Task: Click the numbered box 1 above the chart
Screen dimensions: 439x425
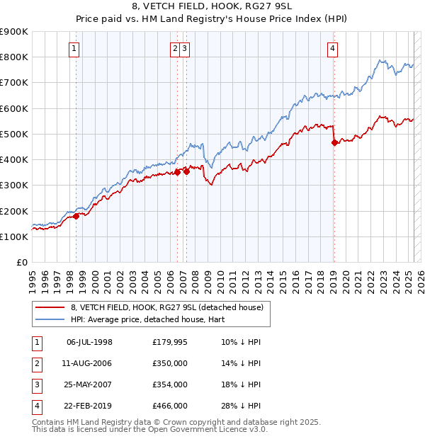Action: pos(74,48)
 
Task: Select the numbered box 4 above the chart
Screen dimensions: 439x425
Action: pos(332,48)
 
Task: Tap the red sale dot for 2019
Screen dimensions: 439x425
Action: pos(334,142)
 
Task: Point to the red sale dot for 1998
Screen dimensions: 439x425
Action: pos(76,216)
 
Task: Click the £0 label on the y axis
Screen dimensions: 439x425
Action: pos(21,262)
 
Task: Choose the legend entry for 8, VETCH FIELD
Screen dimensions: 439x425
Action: pos(166,307)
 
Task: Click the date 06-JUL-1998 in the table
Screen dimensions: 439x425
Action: pos(89,342)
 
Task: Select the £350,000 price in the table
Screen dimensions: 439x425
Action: pos(170,363)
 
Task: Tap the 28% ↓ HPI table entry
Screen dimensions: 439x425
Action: pos(241,406)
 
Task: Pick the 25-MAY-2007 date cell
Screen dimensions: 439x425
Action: pos(89,384)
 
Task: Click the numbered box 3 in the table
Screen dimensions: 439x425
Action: pos(35,384)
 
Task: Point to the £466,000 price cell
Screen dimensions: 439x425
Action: pos(170,406)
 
